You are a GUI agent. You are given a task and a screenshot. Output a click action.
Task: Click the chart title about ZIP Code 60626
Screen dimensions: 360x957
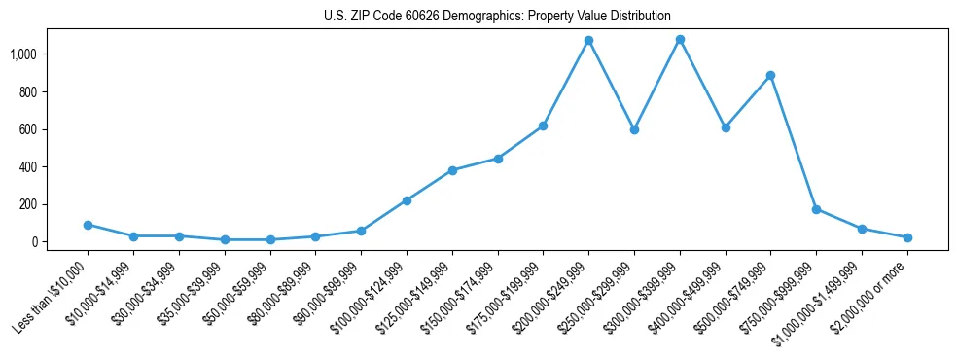(x=497, y=16)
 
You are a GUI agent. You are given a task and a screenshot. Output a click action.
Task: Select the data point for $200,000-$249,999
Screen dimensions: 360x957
(x=588, y=41)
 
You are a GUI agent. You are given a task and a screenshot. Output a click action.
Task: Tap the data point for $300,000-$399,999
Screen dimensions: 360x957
(x=680, y=40)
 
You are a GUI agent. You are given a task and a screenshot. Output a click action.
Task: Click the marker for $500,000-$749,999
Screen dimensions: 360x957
(x=770, y=75)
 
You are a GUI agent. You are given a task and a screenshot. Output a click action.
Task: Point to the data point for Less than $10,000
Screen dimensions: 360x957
(x=88, y=225)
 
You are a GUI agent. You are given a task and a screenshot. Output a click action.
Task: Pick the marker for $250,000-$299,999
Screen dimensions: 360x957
(x=634, y=129)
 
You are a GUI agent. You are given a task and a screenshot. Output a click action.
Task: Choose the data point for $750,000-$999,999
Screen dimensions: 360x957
(x=816, y=209)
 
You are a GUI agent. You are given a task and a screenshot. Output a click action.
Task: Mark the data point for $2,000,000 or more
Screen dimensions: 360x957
(x=907, y=237)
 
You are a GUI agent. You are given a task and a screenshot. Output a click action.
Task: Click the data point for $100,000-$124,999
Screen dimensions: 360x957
(x=407, y=200)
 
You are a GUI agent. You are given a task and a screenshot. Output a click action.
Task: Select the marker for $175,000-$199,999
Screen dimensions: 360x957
(x=543, y=126)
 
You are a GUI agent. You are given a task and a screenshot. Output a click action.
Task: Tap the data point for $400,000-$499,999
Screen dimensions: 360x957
(x=726, y=127)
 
